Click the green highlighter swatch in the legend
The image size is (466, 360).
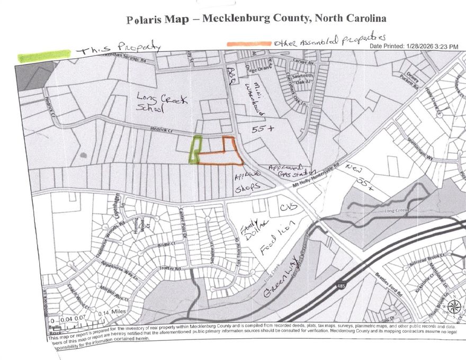44,55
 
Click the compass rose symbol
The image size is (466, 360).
453,307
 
